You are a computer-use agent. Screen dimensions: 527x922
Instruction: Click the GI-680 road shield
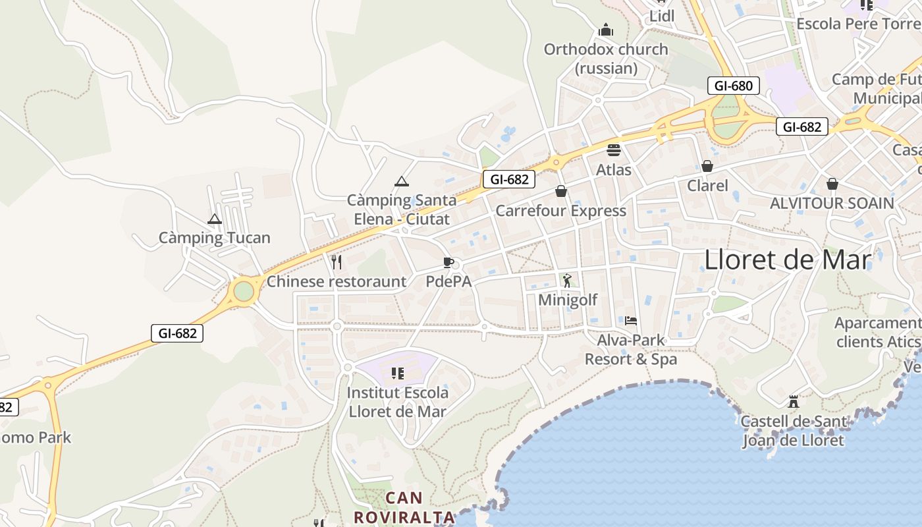point(733,86)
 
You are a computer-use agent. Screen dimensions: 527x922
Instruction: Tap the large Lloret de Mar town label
point(788,260)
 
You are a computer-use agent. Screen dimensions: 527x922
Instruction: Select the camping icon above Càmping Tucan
point(214,219)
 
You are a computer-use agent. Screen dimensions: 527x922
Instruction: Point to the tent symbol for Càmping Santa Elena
point(402,181)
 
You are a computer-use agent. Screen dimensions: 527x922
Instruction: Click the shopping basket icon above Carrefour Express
point(561,191)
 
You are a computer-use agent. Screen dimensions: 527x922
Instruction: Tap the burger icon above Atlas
point(614,150)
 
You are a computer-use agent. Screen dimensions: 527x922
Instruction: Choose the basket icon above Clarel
point(707,166)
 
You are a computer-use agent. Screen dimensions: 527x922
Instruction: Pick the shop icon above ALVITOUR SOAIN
point(832,183)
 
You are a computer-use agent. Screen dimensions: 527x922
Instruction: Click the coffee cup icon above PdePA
point(448,263)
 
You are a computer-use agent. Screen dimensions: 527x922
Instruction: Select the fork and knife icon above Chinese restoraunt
point(337,262)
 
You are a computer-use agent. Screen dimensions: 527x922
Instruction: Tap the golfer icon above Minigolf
point(567,281)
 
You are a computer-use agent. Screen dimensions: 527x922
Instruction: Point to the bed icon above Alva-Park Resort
point(631,321)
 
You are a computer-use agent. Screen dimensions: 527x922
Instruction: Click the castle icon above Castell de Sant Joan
point(794,401)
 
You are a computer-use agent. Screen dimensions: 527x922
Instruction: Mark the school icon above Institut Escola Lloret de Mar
point(397,374)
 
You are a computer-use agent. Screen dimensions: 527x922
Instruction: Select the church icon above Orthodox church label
point(606,30)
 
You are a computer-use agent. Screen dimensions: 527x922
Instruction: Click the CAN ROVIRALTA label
point(404,507)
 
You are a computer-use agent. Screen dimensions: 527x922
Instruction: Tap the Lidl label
point(662,16)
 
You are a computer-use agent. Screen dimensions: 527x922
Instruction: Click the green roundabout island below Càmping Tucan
point(244,291)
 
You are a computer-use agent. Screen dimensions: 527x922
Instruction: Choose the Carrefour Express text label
point(560,211)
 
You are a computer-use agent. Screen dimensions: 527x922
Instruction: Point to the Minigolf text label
point(568,300)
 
